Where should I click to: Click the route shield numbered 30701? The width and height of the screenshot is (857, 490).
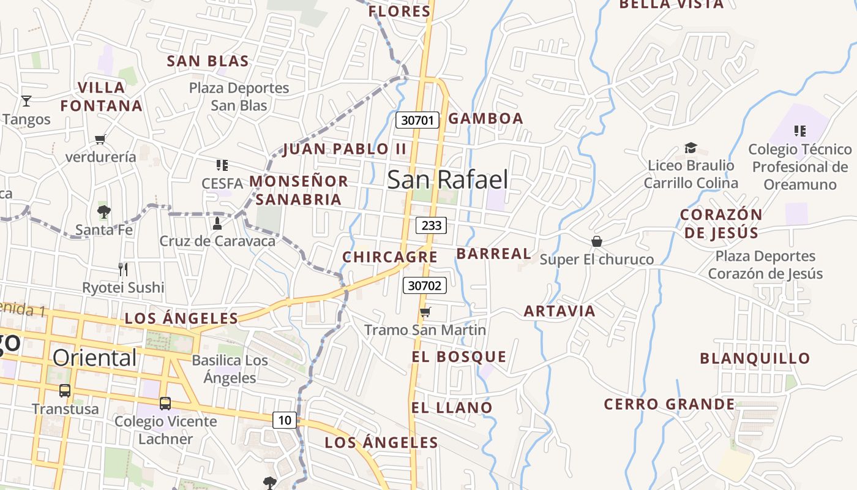(x=418, y=120)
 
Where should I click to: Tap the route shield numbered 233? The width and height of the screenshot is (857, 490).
(x=431, y=225)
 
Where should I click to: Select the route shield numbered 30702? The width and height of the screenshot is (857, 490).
(x=425, y=285)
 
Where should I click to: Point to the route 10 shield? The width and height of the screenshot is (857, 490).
(x=285, y=420)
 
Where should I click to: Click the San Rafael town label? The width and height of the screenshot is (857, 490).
(x=447, y=179)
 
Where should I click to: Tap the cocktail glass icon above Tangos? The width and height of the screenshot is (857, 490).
(x=26, y=101)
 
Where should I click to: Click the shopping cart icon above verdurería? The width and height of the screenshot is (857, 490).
(x=100, y=139)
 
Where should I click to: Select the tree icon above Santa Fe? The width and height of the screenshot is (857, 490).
(x=103, y=212)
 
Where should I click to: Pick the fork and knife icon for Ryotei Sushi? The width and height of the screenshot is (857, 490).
(x=123, y=269)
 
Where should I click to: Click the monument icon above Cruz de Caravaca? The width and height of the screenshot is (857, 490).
(x=217, y=224)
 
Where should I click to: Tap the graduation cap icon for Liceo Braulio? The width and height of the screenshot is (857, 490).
(x=690, y=148)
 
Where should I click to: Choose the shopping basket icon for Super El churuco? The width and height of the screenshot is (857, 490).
(x=597, y=241)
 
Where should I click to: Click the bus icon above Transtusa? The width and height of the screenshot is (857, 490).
(x=65, y=390)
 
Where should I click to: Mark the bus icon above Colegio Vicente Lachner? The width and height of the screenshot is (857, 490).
(x=165, y=403)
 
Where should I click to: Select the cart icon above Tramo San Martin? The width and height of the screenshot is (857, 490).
(x=425, y=312)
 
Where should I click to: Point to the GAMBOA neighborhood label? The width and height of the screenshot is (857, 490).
(x=486, y=118)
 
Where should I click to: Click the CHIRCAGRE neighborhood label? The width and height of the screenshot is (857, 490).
(x=390, y=257)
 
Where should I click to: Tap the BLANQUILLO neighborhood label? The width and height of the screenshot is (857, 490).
(x=763, y=358)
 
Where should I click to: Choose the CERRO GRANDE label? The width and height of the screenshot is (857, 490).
(x=669, y=404)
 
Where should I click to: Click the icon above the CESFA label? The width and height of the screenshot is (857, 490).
(x=222, y=165)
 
